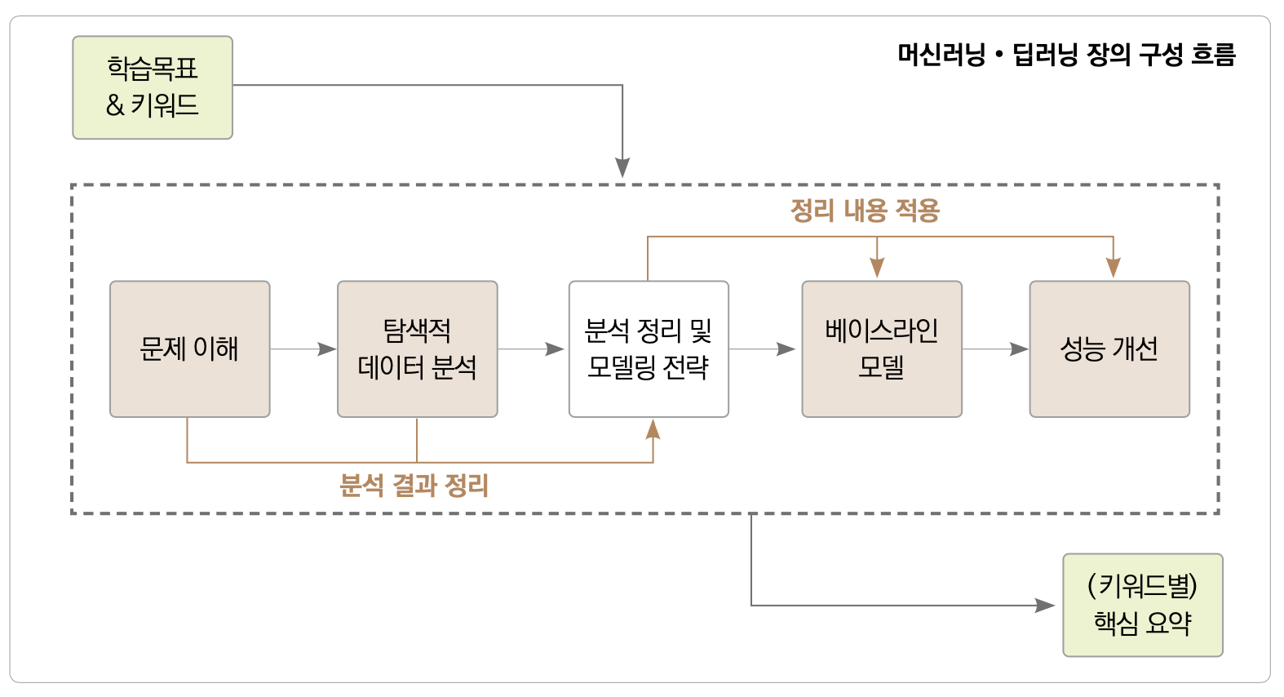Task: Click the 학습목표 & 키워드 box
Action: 153,87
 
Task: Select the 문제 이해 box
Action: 189,349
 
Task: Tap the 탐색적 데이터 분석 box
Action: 417,349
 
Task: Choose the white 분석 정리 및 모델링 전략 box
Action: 649,349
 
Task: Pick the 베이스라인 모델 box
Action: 881,349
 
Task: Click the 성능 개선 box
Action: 1109,349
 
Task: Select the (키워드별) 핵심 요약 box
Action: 1142,605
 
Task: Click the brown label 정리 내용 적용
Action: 865,211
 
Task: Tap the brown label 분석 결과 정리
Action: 414,486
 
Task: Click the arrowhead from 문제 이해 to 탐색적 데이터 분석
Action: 327,349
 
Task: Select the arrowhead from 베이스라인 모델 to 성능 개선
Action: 1019,349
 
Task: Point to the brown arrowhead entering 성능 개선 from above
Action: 1113,268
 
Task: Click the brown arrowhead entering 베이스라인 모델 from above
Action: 877,268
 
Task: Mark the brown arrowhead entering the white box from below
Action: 653,429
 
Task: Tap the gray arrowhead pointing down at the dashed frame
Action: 622,168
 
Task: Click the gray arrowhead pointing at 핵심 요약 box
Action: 1045,606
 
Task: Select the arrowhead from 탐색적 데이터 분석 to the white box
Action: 556,349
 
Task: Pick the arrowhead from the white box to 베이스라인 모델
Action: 786,349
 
